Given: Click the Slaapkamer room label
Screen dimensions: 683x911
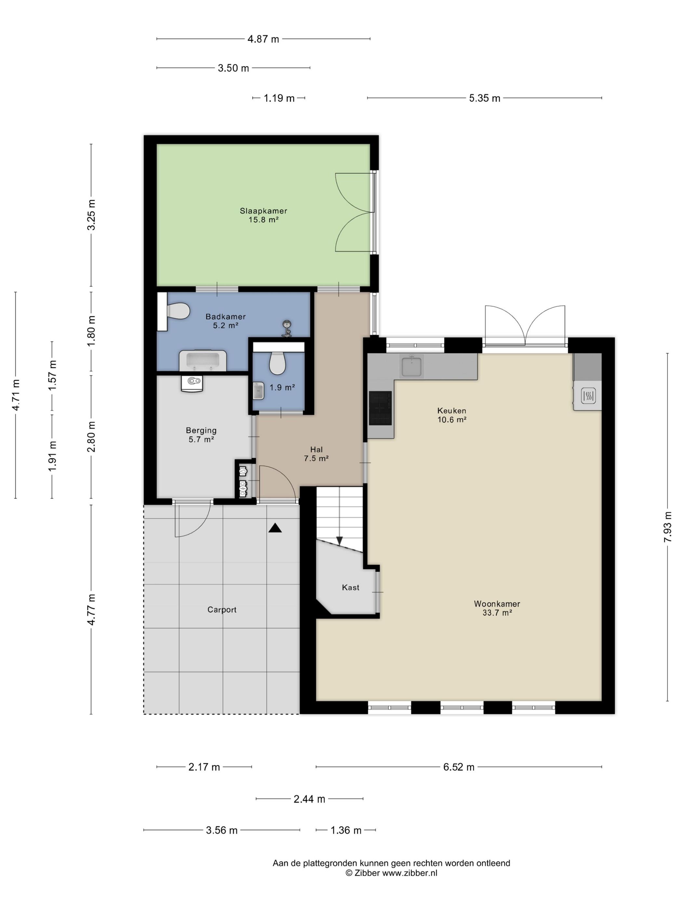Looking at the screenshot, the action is (263, 211).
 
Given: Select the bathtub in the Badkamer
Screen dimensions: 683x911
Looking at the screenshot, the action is (203, 360).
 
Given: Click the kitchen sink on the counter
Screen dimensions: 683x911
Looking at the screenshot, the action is (412, 367).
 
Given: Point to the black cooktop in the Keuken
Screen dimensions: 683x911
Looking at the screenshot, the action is (381, 408).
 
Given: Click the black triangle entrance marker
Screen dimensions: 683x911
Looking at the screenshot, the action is (275, 528).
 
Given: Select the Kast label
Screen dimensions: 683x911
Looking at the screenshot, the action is (350, 587).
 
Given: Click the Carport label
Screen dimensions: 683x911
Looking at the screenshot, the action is (222, 609).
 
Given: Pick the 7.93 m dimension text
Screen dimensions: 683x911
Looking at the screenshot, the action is (667, 527).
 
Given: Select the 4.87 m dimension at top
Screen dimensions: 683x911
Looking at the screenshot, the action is (263, 39).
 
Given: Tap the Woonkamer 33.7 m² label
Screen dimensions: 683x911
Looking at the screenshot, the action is (497, 608).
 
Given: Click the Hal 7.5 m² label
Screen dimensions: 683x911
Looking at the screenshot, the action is (316, 454).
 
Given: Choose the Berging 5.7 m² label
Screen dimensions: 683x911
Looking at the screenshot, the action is (201, 434).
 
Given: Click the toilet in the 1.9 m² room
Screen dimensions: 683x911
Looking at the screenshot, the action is (277, 362).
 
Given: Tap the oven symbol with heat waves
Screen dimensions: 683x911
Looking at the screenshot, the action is (587, 396).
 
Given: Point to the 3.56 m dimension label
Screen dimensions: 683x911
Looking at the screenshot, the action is (221, 830).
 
